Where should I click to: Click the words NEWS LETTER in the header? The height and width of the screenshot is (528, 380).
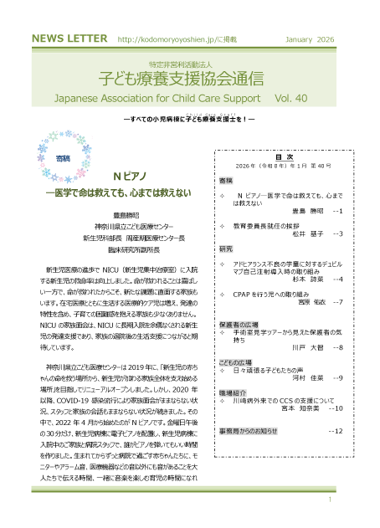67,39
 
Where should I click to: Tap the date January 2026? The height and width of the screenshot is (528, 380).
309,39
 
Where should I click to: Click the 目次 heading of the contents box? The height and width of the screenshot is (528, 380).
283,156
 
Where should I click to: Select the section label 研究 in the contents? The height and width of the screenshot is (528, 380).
226,249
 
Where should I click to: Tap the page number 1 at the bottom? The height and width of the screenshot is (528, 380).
331,500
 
